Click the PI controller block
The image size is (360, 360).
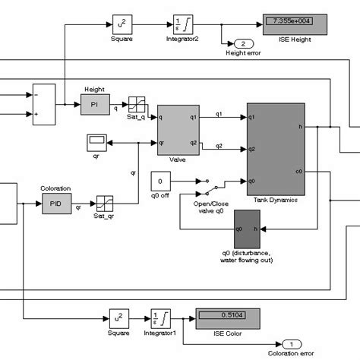pyautogui.click(x=95, y=107)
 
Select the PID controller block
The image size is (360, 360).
pyautogui.click(x=55, y=204)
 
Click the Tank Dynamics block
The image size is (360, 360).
pyautogui.click(x=275, y=149)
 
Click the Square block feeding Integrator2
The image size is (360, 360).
pyautogui.click(x=122, y=24)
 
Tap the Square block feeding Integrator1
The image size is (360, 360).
pyautogui.click(x=122, y=317)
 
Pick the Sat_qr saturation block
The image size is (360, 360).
pyautogui.click(x=104, y=204)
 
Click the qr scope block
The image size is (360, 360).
pyautogui.click(x=96, y=141)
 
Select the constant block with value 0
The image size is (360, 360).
pyautogui.click(x=162, y=182)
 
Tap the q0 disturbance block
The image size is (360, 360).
pyautogui.click(x=247, y=228)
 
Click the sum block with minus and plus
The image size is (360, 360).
pyautogui.click(x=44, y=104)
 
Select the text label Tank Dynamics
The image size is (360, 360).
pyautogui.click(x=275, y=200)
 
